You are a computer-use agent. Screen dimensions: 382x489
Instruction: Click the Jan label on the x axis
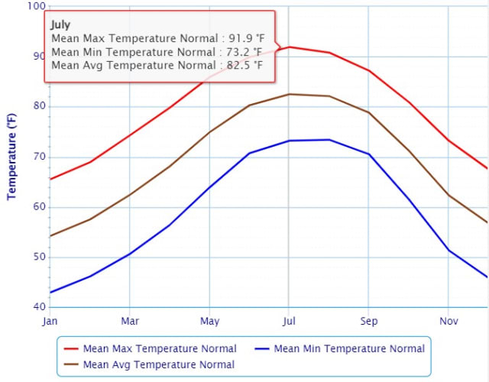pyautogui.click(x=50, y=321)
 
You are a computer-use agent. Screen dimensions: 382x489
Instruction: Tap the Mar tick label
pyautogui.click(x=130, y=321)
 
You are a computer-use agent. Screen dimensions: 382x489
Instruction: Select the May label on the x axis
pyautogui.click(x=209, y=321)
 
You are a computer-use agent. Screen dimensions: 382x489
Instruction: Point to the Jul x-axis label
pyautogui.click(x=289, y=321)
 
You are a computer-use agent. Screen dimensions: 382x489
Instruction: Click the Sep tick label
pyautogui.click(x=369, y=321)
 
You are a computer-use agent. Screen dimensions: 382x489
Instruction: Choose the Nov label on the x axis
pyautogui.click(x=449, y=321)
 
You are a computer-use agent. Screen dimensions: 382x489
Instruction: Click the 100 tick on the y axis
pyautogui.click(x=35, y=6)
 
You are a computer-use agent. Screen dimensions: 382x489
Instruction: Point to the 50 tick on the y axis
pyautogui.click(x=37, y=257)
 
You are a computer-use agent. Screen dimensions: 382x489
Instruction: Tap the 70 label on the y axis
pyautogui.click(x=37, y=157)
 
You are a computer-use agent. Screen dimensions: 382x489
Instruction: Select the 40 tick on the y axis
pyautogui.click(x=37, y=307)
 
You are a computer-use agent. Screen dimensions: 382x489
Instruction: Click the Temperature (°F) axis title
pyautogui.click(x=11, y=157)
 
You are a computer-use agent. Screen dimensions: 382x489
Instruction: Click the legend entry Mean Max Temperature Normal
pyautogui.click(x=160, y=349)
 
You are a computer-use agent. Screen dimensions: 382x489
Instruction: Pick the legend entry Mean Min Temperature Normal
pyautogui.click(x=348, y=349)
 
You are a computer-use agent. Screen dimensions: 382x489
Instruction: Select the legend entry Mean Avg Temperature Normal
pyautogui.click(x=159, y=364)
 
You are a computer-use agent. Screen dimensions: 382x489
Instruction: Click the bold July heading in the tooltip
pyautogui.click(x=60, y=24)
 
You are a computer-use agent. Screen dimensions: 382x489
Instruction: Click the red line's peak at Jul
pyautogui.click(x=289, y=47)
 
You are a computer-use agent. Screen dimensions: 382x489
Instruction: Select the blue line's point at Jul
pyautogui.click(x=289, y=141)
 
